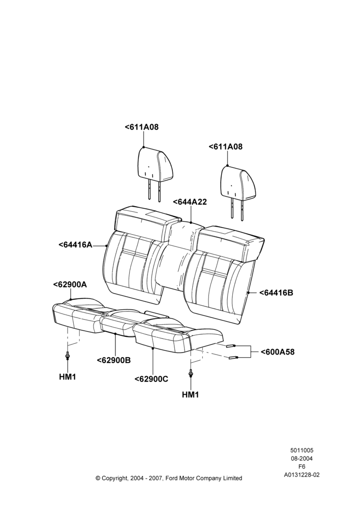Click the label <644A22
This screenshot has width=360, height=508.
190,202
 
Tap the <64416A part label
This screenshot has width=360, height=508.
76,245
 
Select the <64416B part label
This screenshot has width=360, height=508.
276,293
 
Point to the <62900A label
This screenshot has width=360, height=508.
70,284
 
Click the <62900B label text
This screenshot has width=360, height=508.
114,360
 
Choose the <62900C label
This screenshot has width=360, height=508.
152,379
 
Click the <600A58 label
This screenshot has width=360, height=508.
278,352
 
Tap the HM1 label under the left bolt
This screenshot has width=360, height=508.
68,377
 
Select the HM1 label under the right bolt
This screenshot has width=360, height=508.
190,395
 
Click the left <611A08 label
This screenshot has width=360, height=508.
142,127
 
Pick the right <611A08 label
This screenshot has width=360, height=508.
225,146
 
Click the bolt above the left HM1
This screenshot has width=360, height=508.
68,356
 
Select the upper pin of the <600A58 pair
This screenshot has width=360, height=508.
231,346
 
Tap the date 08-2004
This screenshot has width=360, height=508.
302,458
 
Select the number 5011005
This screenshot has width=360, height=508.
302,450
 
